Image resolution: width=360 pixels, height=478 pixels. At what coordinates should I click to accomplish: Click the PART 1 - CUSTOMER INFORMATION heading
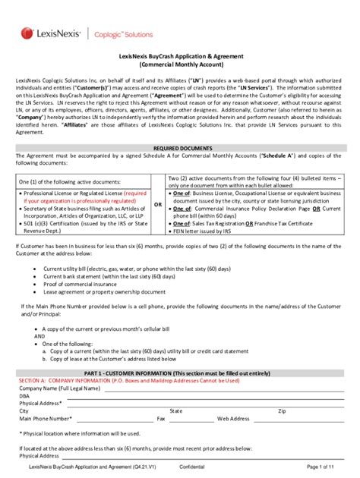pyautogui.click(x=179, y=374)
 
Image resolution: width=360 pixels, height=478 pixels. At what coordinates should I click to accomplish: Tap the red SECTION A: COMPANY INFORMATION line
pyautogui.click(x=114, y=381)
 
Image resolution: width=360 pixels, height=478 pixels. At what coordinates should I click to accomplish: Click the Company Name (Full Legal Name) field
pyautogui.click(x=190, y=388)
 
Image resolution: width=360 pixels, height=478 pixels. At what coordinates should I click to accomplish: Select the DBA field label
pyautogui.click(x=24, y=395)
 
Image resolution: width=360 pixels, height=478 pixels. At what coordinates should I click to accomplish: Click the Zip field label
pyautogui.click(x=283, y=410)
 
